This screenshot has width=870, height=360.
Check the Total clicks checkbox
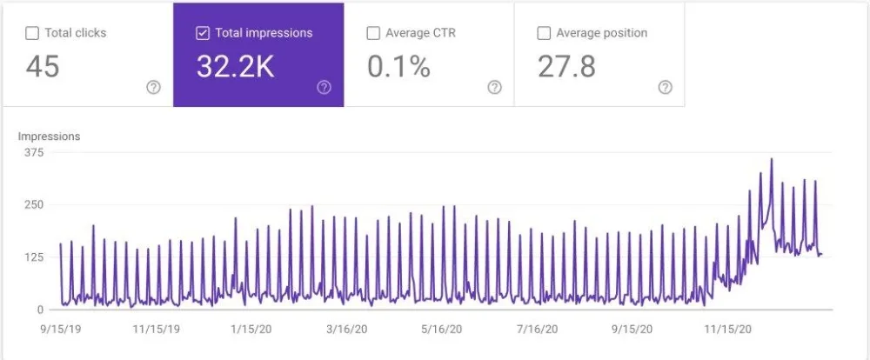click(32, 34)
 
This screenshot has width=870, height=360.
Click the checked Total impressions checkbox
click(203, 34)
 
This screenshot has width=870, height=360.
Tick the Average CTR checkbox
click(373, 34)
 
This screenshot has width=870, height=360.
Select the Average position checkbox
click(544, 34)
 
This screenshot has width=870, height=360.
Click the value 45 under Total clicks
click(42, 67)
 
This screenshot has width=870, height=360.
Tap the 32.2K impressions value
click(235, 67)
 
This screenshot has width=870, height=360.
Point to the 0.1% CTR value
click(398, 67)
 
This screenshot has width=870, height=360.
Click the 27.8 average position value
click(566, 67)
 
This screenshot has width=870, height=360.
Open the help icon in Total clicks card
click(153, 87)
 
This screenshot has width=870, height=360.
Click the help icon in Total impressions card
click(324, 87)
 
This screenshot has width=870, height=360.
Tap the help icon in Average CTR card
click(494, 87)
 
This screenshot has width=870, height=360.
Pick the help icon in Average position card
click(665, 87)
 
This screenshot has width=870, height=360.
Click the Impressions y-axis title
click(50, 137)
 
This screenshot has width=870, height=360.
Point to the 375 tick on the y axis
click(35, 152)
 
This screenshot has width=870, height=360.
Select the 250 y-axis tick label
click(35, 204)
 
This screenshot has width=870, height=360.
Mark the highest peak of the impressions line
click(771, 159)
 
